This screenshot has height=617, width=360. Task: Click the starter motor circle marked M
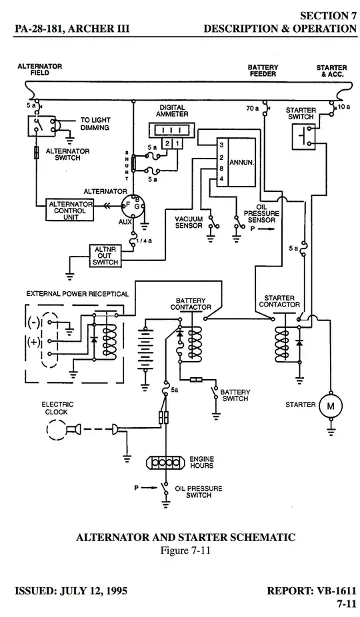[329, 405]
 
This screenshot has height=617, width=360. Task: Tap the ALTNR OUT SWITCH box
[105, 255]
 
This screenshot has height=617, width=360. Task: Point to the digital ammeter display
[173, 129]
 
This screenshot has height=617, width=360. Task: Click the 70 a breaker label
[252, 107]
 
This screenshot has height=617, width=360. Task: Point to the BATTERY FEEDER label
[263, 71]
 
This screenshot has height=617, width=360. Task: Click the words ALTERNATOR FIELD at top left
[39, 70]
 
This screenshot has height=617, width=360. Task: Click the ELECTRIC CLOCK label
[57, 408]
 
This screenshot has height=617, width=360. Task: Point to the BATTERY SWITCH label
[234, 395]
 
